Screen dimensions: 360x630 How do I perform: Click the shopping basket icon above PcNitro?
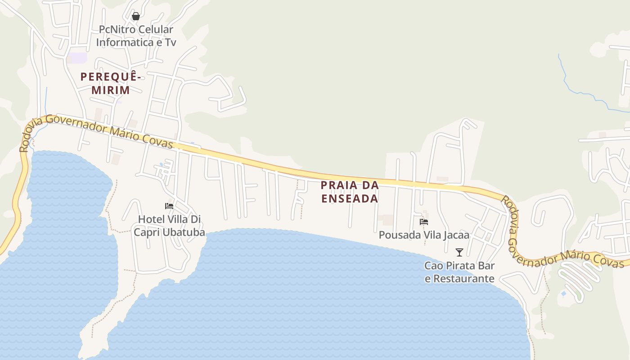pos(135,17)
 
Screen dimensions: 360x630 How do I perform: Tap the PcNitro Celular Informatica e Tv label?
pos(135,36)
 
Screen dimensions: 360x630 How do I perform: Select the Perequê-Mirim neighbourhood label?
pos(111,83)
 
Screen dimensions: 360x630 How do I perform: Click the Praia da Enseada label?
pos(350,192)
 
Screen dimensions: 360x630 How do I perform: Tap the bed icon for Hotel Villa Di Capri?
pos(169,206)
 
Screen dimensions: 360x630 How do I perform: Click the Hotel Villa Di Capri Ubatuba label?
pos(169,226)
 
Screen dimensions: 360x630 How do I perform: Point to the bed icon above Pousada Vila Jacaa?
pos(424,222)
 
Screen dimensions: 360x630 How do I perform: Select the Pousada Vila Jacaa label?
pos(424,235)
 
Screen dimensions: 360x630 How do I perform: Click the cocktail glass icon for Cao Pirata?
pos(459,252)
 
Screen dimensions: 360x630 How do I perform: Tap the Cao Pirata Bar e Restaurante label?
pos(459,272)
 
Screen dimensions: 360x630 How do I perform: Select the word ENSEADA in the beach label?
pos(350,198)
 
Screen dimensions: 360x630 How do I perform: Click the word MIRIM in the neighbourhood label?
pos(111,90)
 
